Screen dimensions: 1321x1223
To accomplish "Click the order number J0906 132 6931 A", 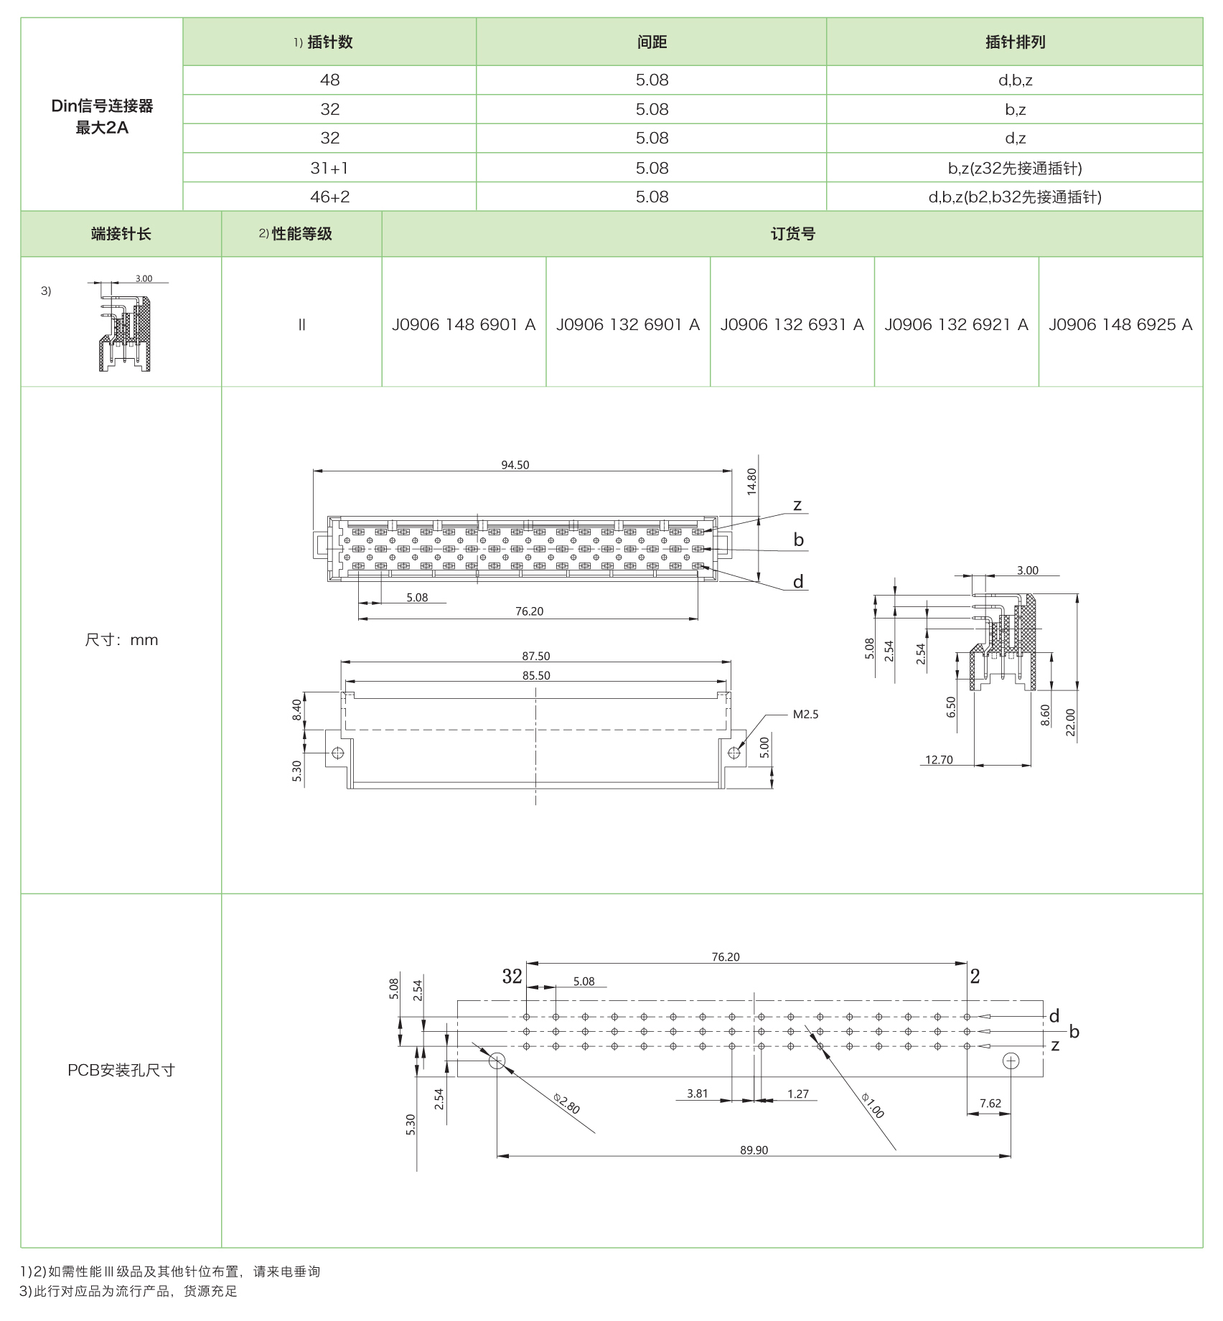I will (x=792, y=324).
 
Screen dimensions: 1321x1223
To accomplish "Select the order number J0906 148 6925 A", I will (x=1120, y=324).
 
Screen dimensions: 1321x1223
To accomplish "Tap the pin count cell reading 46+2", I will (x=329, y=197).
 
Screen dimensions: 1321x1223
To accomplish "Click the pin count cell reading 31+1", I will (x=329, y=168).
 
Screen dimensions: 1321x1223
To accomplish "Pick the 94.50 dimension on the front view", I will (x=515, y=465).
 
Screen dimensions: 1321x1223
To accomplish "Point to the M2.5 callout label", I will (x=805, y=714).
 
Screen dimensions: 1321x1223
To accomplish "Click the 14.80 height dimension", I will (x=751, y=481).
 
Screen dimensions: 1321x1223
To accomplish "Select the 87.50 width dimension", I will (x=535, y=656).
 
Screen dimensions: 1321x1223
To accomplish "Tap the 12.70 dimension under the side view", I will (x=939, y=759).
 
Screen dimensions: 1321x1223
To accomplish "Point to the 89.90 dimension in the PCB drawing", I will (x=754, y=1150).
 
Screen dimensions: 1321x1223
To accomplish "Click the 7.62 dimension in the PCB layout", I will (x=990, y=1103).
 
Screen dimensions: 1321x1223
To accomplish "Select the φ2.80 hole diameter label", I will (x=566, y=1103).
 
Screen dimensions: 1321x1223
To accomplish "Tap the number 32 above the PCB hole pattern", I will (x=512, y=976).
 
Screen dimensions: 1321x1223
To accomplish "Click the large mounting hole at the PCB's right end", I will (x=1011, y=1061).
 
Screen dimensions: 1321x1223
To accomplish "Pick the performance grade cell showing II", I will (x=301, y=324).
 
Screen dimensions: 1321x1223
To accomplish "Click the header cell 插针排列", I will (x=1014, y=42).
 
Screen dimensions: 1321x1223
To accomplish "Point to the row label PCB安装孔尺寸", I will (x=121, y=1070).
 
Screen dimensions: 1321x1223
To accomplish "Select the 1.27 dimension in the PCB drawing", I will (x=797, y=1094).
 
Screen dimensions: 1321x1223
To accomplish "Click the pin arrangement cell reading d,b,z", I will (x=1014, y=80).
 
